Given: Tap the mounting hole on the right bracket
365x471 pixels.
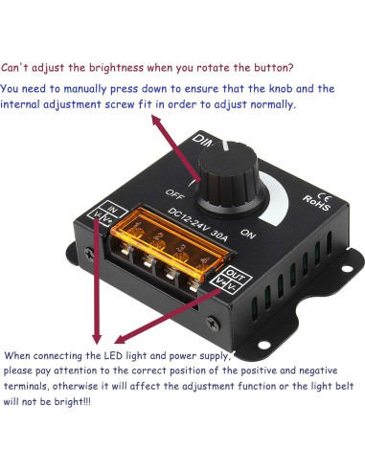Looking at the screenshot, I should (x=332, y=276).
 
